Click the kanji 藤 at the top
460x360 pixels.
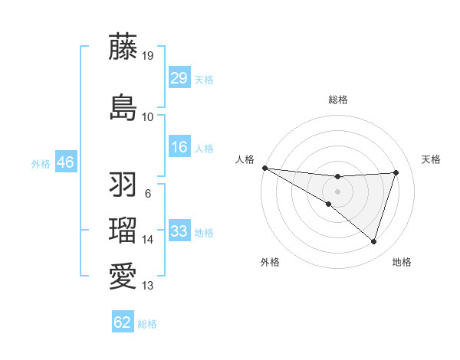tap(123, 47)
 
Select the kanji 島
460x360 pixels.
tap(123, 107)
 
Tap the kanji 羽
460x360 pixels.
tap(123, 185)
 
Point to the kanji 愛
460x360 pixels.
tap(123, 277)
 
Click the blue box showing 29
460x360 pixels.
tap(179, 78)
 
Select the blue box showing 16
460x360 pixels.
tap(179, 147)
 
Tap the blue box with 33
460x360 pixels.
tap(179, 231)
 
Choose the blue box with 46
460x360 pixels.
tap(64, 162)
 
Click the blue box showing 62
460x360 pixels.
tap(123, 322)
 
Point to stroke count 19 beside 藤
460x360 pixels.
tap(148, 55)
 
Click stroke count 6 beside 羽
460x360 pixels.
tap(147, 193)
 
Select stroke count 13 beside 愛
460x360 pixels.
tap(148, 286)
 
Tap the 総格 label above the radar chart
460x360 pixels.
tap(338, 100)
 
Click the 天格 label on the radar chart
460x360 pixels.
tap(431, 159)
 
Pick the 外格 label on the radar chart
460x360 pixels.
tap(270, 262)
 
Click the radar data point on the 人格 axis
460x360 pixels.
tap(264, 168)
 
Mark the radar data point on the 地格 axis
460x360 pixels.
tap(373, 241)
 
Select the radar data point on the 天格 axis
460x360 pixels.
tap(396, 172)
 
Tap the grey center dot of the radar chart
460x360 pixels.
tap(337, 191)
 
